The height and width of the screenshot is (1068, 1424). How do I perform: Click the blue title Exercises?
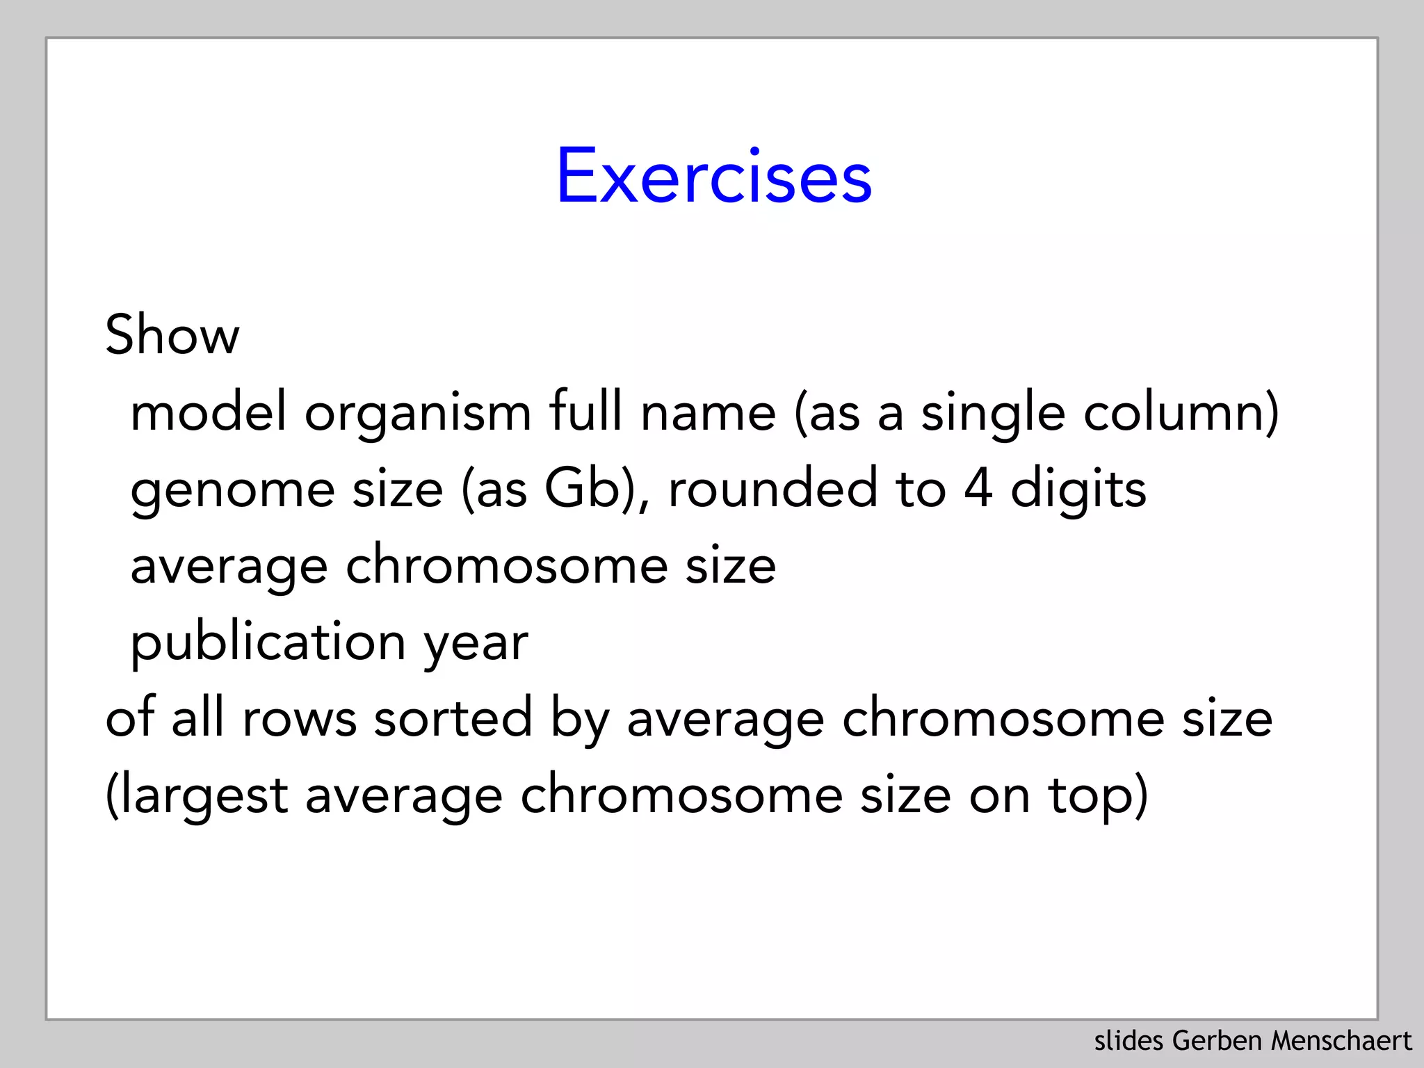click(x=713, y=177)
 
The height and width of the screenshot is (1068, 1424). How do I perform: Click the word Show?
click(x=172, y=335)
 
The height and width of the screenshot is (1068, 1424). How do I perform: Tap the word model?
click(x=208, y=412)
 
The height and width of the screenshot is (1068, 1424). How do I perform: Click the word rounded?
click(x=772, y=489)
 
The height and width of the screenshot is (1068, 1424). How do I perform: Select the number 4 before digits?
click(x=978, y=489)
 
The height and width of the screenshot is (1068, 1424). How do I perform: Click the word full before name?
click(x=585, y=412)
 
